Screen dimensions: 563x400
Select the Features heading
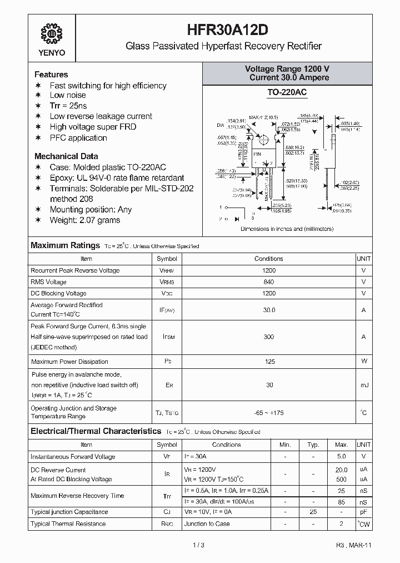[x=51, y=75]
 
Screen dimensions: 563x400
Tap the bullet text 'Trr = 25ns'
[x=68, y=106]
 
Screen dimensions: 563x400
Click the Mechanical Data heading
[x=66, y=156]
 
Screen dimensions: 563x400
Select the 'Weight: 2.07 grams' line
[x=85, y=220]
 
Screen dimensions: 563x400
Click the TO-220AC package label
[x=287, y=92]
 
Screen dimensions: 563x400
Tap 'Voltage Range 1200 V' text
[x=287, y=68]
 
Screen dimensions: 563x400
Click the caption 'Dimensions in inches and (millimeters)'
[x=287, y=229]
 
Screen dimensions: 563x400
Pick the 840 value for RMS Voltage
[x=269, y=282]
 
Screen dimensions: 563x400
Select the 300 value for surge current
[x=269, y=337]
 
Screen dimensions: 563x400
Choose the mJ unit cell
[x=363, y=385]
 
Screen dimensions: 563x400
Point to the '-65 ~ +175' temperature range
[x=269, y=412]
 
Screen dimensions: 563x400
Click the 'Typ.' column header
[x=313, y=445]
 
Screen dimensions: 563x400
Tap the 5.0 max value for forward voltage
[x=341, y=457]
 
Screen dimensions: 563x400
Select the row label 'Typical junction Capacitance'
[x=69, y=512]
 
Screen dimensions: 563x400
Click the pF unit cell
[x=363, y=512]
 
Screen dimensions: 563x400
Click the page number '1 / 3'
[x=199, y=545]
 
